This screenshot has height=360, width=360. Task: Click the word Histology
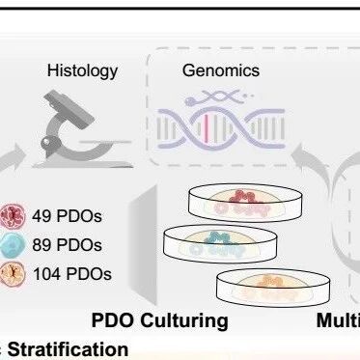pos(82,71)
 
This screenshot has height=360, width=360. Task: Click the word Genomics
pos(221,70)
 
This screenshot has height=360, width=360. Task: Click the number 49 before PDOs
pos(42,216)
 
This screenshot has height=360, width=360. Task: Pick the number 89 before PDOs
pos(42,245)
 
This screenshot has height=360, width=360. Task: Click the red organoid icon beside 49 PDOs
pos(13,216)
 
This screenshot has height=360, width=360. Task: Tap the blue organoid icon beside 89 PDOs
pos(12,245)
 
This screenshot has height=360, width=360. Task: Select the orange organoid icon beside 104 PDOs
pos(13,274)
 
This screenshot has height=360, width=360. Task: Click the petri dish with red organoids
pos(245,203)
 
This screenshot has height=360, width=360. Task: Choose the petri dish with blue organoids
pos(220,244)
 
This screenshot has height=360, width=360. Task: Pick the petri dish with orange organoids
pos(273,288)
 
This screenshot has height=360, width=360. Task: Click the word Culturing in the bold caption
pos(184,321)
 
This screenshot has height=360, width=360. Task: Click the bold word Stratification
pos(68,349)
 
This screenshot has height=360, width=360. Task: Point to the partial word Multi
pos(339,320)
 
